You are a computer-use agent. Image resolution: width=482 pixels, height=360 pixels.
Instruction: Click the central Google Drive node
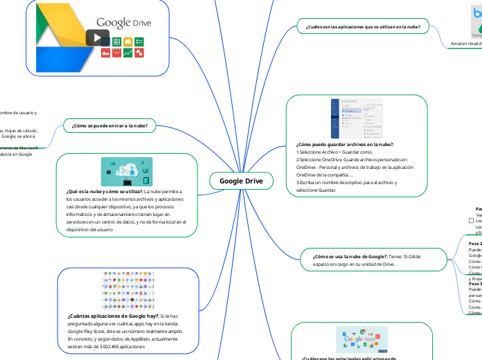(241, 181)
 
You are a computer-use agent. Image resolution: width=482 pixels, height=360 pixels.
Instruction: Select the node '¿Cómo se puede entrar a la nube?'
(110, 125)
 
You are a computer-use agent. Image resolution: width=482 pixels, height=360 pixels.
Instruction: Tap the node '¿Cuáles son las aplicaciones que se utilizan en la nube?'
(364, 28)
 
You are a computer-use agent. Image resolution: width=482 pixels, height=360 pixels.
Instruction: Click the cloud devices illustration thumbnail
(127, 171)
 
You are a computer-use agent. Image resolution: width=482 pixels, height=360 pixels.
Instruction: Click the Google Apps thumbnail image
(361, 339)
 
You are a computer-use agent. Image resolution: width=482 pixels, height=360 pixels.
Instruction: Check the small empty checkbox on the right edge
(471, 221)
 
